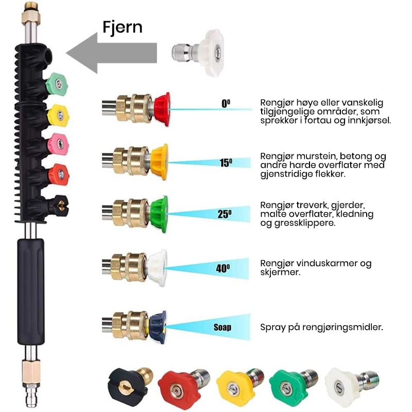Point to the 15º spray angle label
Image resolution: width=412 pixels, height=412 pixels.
pos(226,163)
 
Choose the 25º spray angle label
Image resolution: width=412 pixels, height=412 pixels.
pos(224,214)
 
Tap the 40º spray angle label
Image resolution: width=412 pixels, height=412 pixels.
pos(223,268)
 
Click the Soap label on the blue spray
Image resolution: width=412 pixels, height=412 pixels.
pos(223,327)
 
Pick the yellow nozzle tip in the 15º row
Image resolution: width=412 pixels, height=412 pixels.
pos(160,161)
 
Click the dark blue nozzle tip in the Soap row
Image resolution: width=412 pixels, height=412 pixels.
pos(158,327)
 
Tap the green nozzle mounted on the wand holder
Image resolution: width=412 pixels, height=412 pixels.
pos(57,84)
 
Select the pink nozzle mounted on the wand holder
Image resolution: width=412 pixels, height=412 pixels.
pos(58,144)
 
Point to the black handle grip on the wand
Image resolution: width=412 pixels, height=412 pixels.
pos(31,291)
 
